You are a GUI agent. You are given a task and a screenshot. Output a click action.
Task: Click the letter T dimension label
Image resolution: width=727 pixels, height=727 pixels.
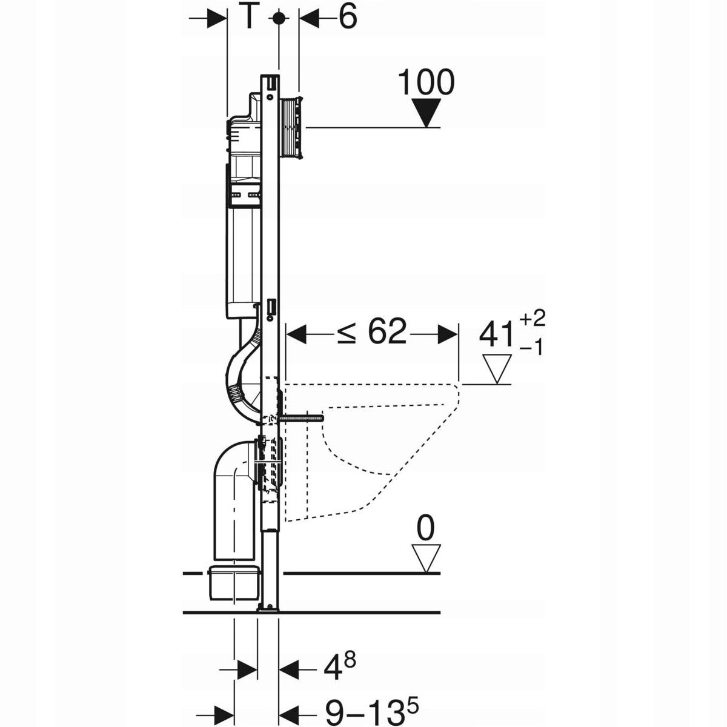[248, 18]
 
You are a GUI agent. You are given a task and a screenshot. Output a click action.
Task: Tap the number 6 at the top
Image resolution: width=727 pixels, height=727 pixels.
[347, 18]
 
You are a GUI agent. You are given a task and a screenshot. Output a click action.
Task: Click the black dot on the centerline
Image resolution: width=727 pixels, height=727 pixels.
[278, 18]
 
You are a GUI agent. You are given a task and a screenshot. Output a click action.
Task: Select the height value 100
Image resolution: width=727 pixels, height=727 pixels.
[426, 82]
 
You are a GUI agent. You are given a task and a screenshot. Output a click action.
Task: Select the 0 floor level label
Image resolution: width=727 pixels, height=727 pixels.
[426, 528]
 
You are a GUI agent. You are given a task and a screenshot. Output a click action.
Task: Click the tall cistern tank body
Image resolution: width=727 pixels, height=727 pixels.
[240, 254]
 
